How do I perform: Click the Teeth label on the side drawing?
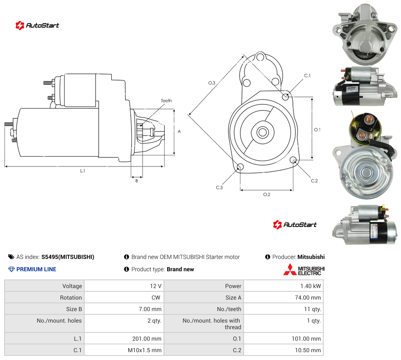[x=166, y=101]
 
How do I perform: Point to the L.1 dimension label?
[x=83, y=171]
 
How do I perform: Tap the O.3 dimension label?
[x=212, y=83]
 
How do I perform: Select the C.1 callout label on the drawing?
[x=307, y=76]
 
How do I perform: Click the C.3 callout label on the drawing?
[x=219, y=187]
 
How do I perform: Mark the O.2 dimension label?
[x=267, y=194]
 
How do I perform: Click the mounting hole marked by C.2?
[x=293, y=160]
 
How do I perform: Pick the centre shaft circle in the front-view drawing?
[x=263, y=133]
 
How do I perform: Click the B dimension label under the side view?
[x=136, y=181]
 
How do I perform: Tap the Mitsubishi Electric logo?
[x=304, y=270]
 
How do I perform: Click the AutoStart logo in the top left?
[x=37, y=25]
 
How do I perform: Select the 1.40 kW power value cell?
[x=311, y=286]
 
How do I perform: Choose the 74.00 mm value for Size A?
[x=308, y=298]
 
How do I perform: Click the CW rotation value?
[x=156, y=298]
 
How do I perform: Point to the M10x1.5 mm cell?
[x=145, y=350]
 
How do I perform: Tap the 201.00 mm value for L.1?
[x=147, y=339]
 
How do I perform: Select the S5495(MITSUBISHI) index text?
[x=68, y=257]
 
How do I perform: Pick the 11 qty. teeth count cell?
[x=313, y=309]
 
